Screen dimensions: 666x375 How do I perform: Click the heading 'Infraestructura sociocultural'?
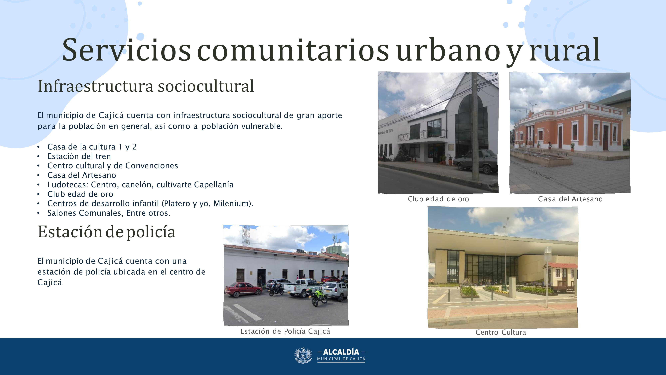click(x=146, y=86)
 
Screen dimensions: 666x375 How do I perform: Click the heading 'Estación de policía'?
click(x=107, y=232)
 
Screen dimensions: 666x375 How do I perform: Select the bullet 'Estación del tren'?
click(x=79, y=156)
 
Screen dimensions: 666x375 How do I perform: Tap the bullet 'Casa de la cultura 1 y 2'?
click(x=92, y=147)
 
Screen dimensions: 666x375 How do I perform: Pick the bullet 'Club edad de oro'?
click(x=80, y=194)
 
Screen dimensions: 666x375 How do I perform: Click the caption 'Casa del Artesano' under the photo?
click(x=570, y=199)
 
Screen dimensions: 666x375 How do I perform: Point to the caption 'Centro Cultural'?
click(x=501, y=332)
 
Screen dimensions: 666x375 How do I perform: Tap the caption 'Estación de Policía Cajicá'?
click(x=285, y=331)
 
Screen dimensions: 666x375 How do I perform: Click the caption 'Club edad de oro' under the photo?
click(x=438, y=199)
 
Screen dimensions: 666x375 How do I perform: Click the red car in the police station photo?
click(x=243, y=290)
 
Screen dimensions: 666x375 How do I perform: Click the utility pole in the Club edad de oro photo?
click(x=475, y=127)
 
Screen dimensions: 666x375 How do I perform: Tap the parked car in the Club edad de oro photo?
click(x=475, y=161)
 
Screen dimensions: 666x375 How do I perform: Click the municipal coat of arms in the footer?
click(x=303, y=356)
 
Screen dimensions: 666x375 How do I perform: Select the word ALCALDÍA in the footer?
click(x=341, y=352)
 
